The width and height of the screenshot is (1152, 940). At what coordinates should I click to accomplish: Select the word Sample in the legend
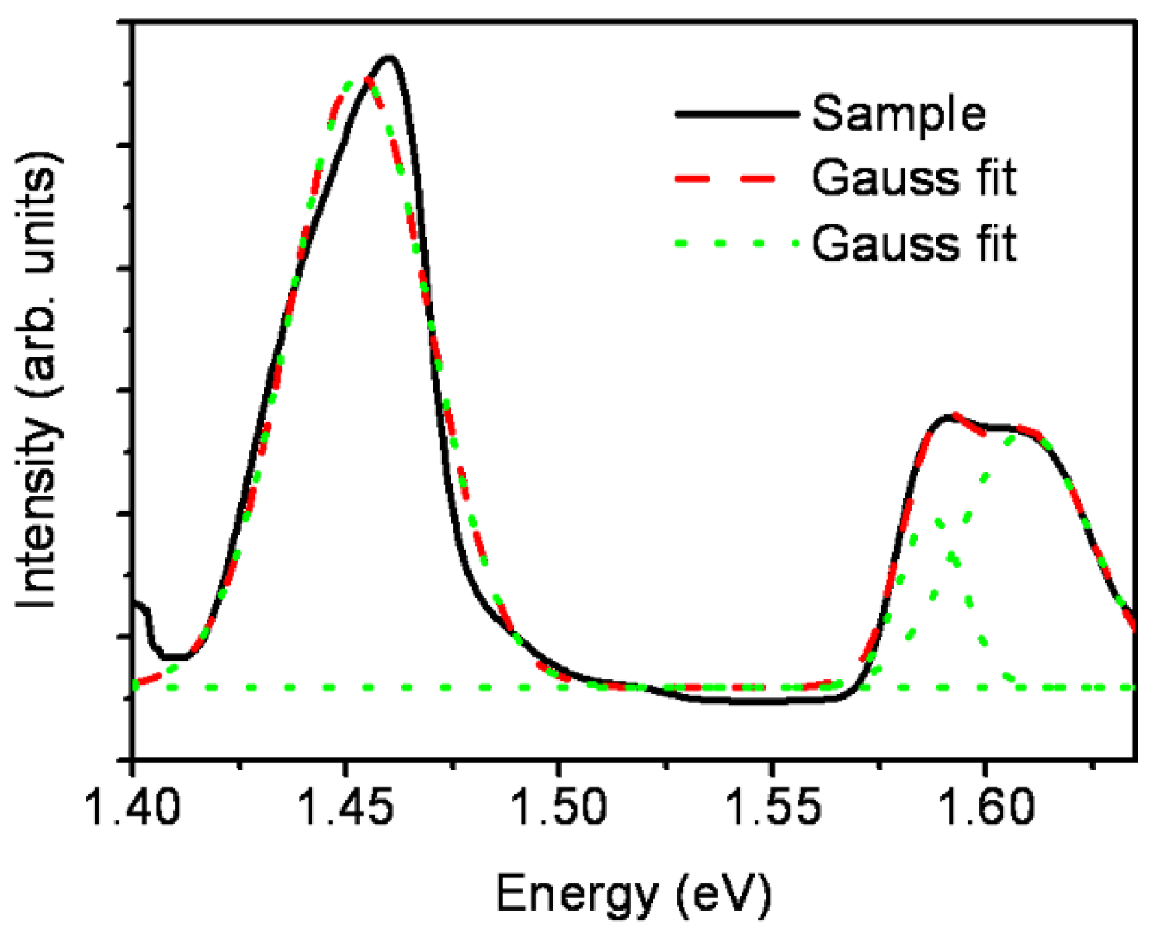(x=898, y=114)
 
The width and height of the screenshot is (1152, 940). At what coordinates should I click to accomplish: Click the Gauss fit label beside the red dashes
(x=914, y=179)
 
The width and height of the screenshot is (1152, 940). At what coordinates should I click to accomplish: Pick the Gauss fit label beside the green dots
(x=914, y=243)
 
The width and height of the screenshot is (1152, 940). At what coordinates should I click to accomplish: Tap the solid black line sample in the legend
(x=736, y=114)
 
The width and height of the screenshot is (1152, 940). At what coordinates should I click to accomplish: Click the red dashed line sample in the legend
(x=736, y=179)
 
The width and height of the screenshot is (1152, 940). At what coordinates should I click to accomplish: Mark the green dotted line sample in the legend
(x=736, y=243)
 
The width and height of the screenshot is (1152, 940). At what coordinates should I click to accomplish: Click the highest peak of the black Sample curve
(x=388, y=57)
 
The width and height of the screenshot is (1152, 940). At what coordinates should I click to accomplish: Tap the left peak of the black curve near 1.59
(x=948, y=417)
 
